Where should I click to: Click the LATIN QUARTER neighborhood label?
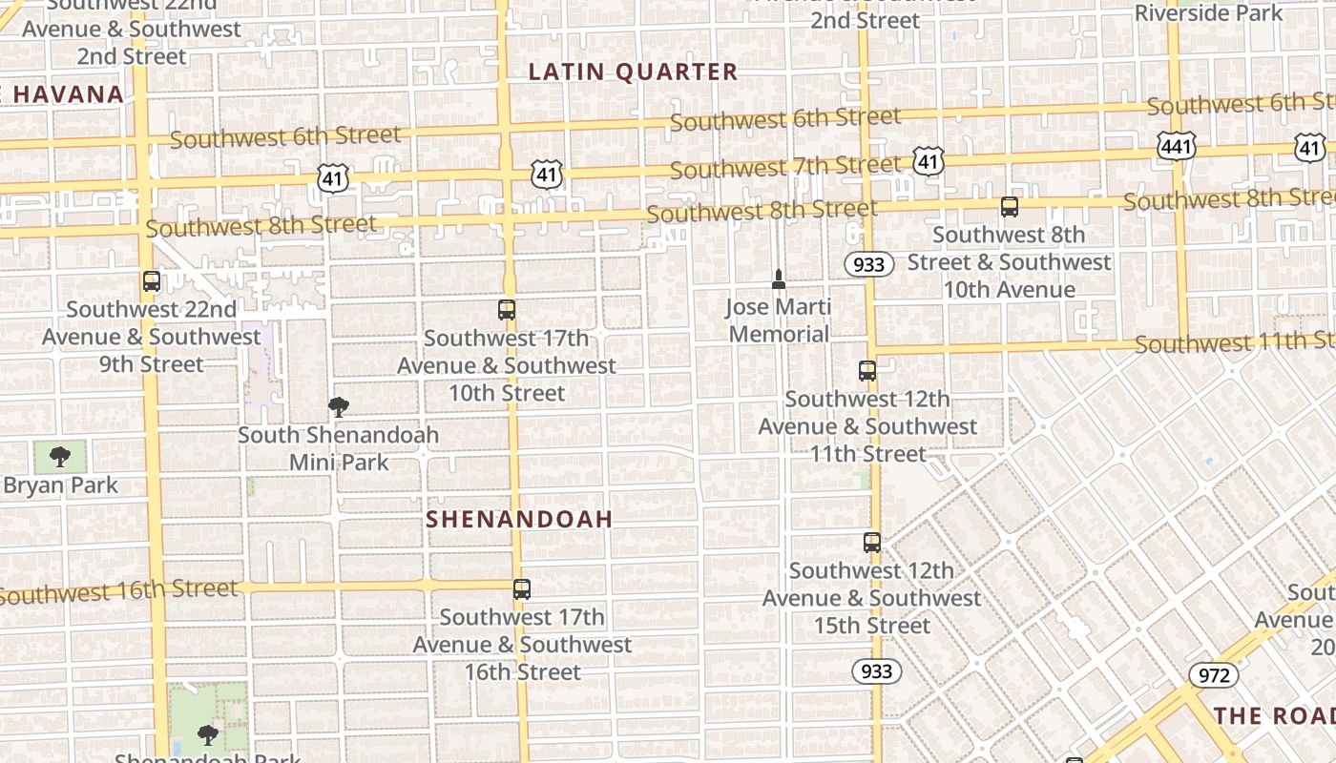[633, 72]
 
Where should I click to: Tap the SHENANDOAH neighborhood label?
[519, 519]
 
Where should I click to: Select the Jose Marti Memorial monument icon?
[779, 279]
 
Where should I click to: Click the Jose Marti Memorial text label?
[779, 320]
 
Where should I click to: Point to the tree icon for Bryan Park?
[60, 457]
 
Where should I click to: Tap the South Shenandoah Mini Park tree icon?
[338, 407]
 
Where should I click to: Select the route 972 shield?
[1213, 675]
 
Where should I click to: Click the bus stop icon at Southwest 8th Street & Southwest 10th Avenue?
[1009, 206]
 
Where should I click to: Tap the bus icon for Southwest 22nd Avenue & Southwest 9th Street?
[151, 281]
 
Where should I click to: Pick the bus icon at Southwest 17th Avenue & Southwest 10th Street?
[507, 310]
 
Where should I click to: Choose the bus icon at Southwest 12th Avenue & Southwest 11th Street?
[866, 371]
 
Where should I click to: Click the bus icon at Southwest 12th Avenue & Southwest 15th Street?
[871, 543]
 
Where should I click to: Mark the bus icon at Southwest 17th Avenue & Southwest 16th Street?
[521, 589]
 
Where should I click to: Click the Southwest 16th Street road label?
[118, 591]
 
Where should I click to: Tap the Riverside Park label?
[1209, 13]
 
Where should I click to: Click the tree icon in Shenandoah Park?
[207, 735]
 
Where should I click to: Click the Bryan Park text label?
[60, 485]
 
